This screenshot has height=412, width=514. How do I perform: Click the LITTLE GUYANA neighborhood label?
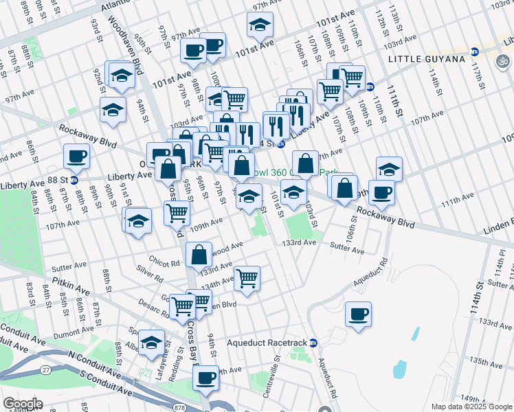[x=427, y=59]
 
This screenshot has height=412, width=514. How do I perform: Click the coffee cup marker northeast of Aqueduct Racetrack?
[x=358, y=315]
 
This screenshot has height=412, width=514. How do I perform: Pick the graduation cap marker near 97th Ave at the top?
[x=260, y=25]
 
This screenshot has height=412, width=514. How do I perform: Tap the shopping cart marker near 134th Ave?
[x=246, y=279]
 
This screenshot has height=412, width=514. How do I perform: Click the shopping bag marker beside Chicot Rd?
[x=199, y=255]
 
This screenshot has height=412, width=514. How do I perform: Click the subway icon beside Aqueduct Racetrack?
[x=313, y=343]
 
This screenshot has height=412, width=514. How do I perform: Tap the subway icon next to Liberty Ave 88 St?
[x=74, y=180]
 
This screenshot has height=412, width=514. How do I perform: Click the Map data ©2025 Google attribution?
[x=471, y=407]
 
